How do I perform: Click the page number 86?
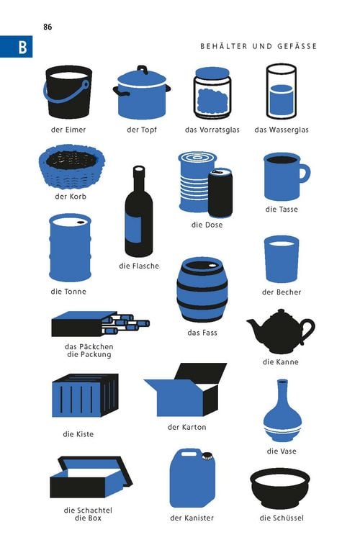coord(48,27)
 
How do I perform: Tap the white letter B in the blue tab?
coord(22,47)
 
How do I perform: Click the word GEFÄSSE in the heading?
coord(297,46)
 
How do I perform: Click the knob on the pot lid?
coord(143,69)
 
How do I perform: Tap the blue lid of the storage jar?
coord(212,73)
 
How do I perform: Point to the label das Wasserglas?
coord(282,130)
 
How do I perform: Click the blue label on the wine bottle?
coord(133,228)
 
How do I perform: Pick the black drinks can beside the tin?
coord(220,192)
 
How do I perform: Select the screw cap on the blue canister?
coord(207,456)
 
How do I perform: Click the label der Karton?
coord(186,427)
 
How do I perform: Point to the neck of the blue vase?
coord(282,392)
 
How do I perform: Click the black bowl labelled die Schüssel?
coord(280,488)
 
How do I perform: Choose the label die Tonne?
coord(68,292)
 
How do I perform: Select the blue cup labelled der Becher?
coord(282,259)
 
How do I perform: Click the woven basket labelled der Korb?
coord(72,167)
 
